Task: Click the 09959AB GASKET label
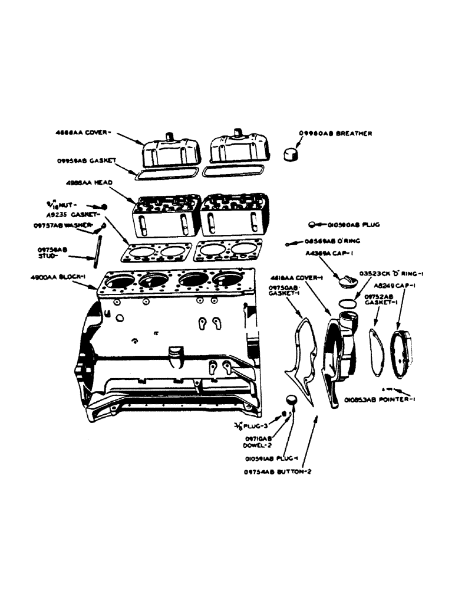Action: pos(86,159)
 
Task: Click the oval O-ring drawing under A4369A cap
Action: pos(348,302)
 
